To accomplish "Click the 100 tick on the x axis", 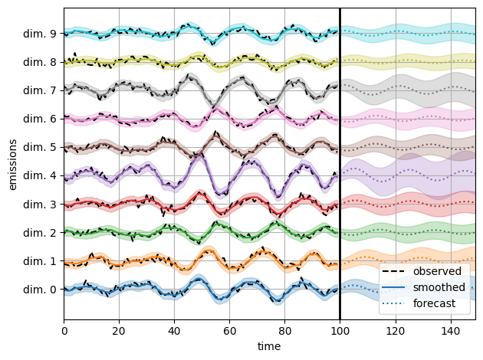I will coord(340,331).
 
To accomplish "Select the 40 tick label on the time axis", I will coord(174,331).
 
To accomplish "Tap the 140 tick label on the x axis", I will coord(450,331).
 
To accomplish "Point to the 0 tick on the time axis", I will coord(64,331).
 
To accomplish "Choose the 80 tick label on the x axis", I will coord(284,331).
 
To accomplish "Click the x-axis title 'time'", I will coord(269,346).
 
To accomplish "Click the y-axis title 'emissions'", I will coord(12,165).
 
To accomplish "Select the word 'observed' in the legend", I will coord(437,271).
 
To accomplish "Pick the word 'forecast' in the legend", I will coord(435,303).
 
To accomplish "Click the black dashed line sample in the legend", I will coord(395,271).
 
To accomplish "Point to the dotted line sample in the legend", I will coord(395,303).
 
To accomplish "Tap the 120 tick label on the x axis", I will coord(395,331).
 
